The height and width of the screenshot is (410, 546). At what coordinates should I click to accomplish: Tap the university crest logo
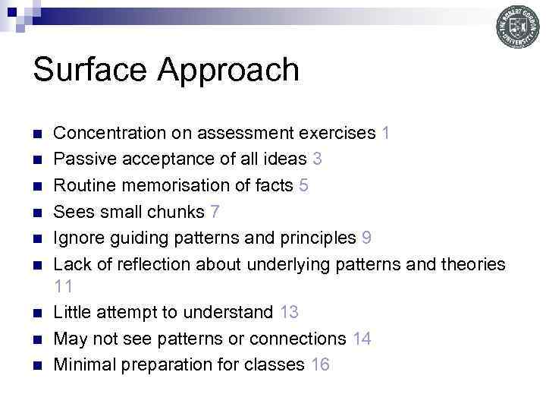point(518,28)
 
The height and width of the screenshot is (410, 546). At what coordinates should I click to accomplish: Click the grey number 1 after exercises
point(387,134)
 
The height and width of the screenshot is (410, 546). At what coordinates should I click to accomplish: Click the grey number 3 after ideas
point(317,159)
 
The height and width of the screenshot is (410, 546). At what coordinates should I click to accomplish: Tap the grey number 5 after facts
point(304,185)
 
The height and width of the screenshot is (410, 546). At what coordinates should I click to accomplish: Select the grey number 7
point(215,211)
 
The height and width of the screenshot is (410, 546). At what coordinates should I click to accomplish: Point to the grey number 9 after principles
point(366,237)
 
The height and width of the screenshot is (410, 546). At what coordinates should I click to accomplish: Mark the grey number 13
point(289,312)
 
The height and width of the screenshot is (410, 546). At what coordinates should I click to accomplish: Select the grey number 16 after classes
point(320,364)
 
